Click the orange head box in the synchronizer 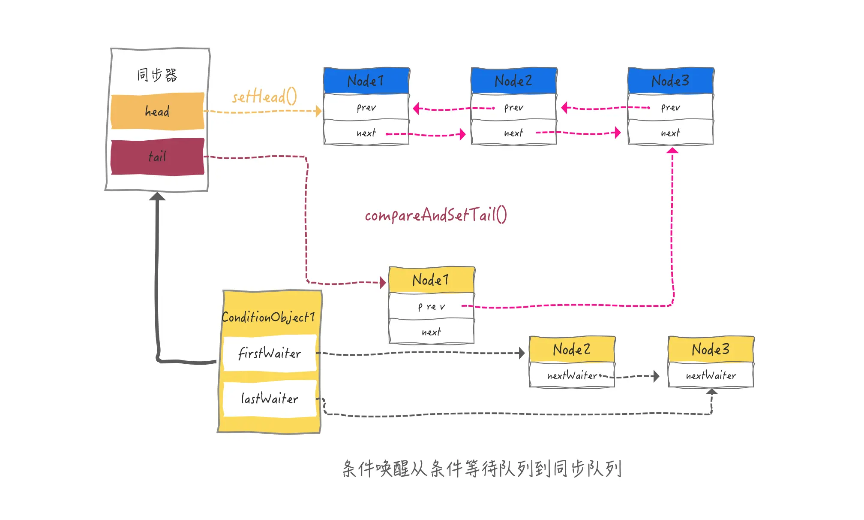point(157,111)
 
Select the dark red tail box point(157,157)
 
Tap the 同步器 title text point(157,75)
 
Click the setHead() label point(264,97)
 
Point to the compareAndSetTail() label point(436,215)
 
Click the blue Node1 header point(366,81)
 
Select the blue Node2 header point(514,81)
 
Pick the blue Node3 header point(671,81)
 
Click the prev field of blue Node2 point(514,107)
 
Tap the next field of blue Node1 point(366,132)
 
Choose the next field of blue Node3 point(671,132)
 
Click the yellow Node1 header point(432,280)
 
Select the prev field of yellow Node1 point(432,306)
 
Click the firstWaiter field point(270,354)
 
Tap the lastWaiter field point(270,399)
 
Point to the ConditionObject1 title point(268,317)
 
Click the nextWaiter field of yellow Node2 point(572,375)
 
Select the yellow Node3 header point(711,349)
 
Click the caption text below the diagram point(482,469)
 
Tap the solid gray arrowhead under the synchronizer point(157,196)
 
